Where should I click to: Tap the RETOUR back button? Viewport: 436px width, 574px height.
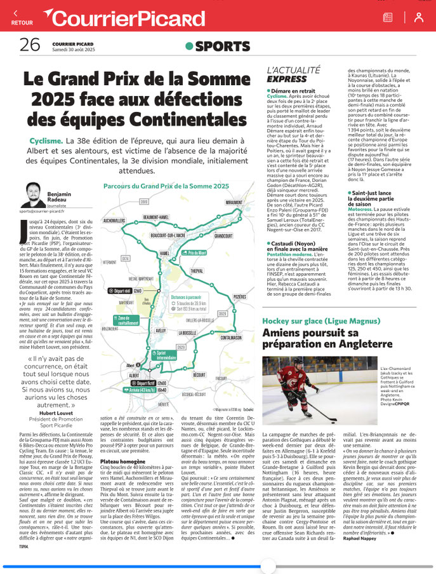21,17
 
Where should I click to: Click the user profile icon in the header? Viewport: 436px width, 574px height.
418,17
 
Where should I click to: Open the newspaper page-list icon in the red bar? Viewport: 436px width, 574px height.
388,17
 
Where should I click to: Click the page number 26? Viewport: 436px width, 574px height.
29,44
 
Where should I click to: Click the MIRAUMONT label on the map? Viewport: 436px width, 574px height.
233,202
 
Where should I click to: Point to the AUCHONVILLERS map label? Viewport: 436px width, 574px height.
114,221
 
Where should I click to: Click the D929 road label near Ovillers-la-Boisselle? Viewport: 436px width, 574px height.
223,313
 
